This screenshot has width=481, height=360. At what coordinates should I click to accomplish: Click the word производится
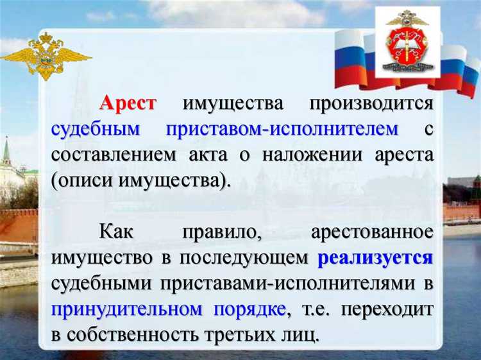pos(372,103)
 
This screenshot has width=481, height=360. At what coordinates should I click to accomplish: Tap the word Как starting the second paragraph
pos(117,232)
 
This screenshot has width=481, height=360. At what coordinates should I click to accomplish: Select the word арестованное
pos(372,232)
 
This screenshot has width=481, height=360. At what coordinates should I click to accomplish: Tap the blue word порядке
pos(248,309)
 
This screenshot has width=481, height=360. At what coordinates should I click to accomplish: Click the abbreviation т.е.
pos(314,309)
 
